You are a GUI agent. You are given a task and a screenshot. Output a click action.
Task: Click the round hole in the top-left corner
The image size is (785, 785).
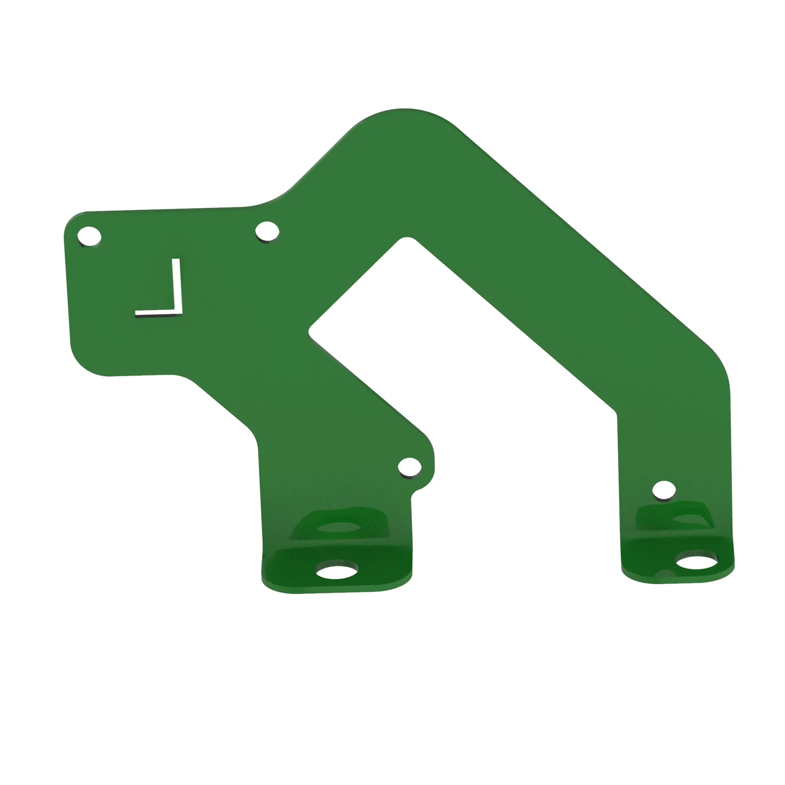(x=89, y=235)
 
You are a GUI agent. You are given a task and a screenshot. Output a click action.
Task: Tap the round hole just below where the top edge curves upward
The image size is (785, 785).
(x=267, y=231)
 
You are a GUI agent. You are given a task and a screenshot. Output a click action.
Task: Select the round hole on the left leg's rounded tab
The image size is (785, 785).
(x=409, y=467)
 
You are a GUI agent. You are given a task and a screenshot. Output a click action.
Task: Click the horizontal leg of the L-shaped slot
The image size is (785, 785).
(x=157, y=312)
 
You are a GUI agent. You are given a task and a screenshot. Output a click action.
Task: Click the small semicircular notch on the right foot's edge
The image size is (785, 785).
(x=666, y=573)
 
